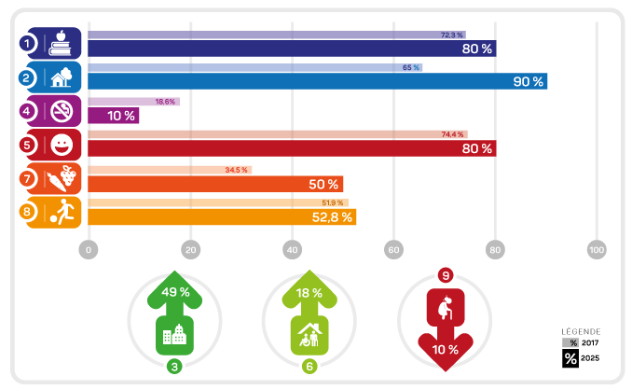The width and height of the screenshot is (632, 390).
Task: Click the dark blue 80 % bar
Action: pyautogui.click(x=292, y=49)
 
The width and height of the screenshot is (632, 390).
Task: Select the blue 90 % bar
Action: pyautogui.click(x=317, y=81)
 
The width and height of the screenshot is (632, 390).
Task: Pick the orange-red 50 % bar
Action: pyautogui.click(x=215, y=184)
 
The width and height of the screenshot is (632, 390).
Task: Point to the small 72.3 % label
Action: pyautogui.click(x=452, y=35)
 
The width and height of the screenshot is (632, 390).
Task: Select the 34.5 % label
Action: pyautogui.click(x=237, y=170)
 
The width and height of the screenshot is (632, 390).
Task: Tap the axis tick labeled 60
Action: pyautogui.click(x=394, y=250)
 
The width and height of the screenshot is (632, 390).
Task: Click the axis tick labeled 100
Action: pyautogui.click(x=598, y=250)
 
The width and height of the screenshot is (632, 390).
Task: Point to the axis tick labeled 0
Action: pyautogui.click(x=89, y=250)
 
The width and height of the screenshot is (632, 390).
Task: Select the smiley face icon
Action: pyautogui.click(x=61, y=145)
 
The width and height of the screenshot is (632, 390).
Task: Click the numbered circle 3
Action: pyautogui.click(x=174, y=367)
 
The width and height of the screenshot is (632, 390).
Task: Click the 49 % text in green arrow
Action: pyautogui.click(x=175, y=292)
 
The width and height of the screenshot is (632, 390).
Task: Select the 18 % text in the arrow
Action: pyautogui.click(x=309, y=292)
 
